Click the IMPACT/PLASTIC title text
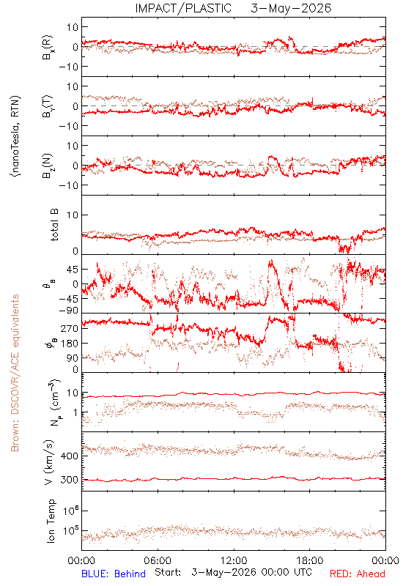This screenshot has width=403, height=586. [183, 8]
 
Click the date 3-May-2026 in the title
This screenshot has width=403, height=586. [291, 8]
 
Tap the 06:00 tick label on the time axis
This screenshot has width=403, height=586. [158, 560]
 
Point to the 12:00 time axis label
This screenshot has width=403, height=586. [234, 560]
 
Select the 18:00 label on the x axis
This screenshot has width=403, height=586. [310, 560]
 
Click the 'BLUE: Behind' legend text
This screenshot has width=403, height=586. [114, 574]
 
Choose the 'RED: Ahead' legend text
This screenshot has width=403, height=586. [358, 574]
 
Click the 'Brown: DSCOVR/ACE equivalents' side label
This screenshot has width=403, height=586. [15, 373]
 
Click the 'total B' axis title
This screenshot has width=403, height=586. [54, 225]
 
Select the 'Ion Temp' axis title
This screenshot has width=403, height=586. [51, 521]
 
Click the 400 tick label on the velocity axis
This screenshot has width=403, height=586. [70, 456]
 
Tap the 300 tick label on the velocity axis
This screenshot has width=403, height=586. [70, 480]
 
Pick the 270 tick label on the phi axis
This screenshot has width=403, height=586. [70, 328]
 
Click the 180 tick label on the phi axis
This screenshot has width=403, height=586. [70, 344]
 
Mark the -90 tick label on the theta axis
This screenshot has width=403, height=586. [69, 311]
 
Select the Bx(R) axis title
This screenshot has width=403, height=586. [48, 48]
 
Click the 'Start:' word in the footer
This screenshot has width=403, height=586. [168, 573]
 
